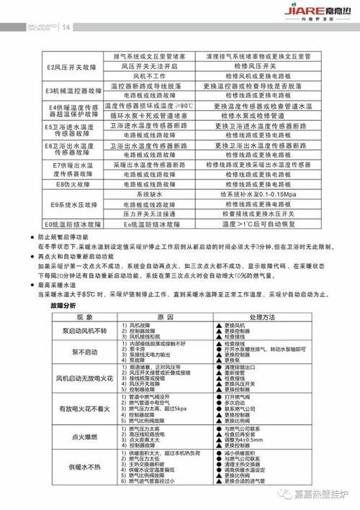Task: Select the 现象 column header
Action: point(70,317)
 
